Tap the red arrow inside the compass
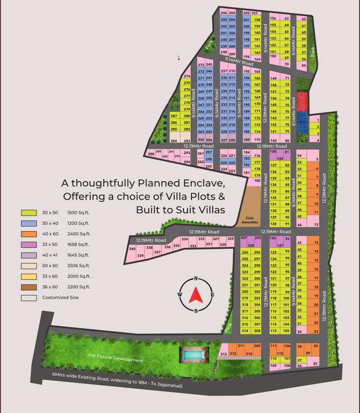pyautogui.click(x=196, y=294)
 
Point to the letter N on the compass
pyautogui.click(x=196, y=279)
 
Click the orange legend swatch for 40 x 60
pyautogui.click(x=28, y=234)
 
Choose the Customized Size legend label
pyautogui.click(x=61, y=297)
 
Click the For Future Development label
pyautogui.click(x=116, y=358)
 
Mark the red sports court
pyautogui.click(x=303, y=100)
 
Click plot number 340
pyautogui.click(x=132, y=249)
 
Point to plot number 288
pyautogui.click(x=151, y=154)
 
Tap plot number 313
pyautogui.click(x=224, y=353)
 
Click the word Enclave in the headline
pyautogui.click(x=207, y=183)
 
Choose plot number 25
pyautogui.click(x=315, y=364)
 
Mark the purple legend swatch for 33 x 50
pyautogui.click(x=28, y=244)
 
